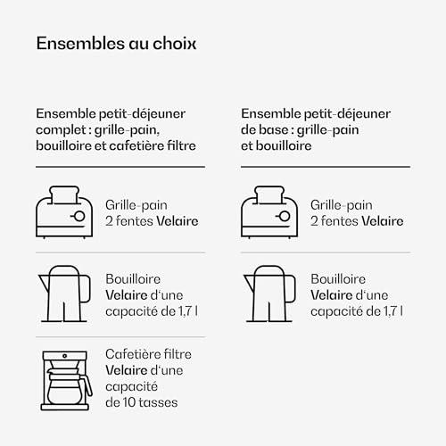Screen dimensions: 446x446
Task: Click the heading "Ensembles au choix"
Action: [116, 44]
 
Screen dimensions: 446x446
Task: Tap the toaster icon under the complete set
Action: [64, 212]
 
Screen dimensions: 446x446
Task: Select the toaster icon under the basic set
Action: [269, 212]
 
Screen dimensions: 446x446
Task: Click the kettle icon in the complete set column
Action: [64, 293]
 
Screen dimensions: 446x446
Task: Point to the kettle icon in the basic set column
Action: [269, 293]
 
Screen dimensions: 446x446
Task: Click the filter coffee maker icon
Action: [66, 381]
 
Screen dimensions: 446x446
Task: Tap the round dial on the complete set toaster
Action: [79, 216]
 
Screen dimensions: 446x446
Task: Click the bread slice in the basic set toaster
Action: [269, 195]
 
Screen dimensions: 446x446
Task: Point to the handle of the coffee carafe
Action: [88, 385]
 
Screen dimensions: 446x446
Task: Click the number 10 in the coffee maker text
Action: [129, 402]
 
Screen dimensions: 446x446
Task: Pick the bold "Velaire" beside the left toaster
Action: [178, 221]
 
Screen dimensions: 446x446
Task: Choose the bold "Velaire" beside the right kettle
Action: [332, 295]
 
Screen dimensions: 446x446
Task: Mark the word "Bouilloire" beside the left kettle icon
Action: [133, 279]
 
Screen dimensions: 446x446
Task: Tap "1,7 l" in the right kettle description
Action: [393, 311]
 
